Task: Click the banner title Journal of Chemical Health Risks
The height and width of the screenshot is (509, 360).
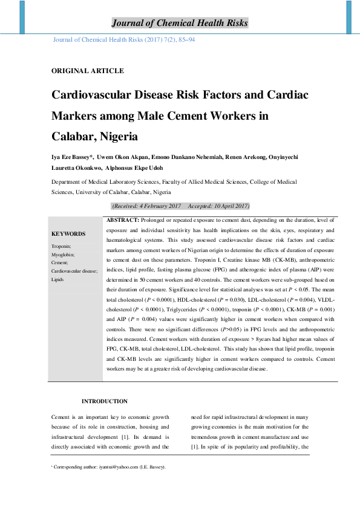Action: (180, 24)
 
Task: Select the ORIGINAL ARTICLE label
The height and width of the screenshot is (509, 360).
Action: (87, 71)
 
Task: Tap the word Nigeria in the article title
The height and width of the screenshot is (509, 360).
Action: (116, 136)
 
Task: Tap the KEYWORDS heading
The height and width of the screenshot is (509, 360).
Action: (68, 234)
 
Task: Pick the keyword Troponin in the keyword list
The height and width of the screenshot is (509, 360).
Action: (61, 246)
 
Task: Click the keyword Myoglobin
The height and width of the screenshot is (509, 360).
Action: (62, 254)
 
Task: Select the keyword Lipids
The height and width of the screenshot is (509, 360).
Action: (58, 280)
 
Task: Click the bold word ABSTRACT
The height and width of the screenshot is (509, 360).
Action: (123, 220)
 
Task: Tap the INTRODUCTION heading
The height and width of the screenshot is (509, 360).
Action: (105, 401)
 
